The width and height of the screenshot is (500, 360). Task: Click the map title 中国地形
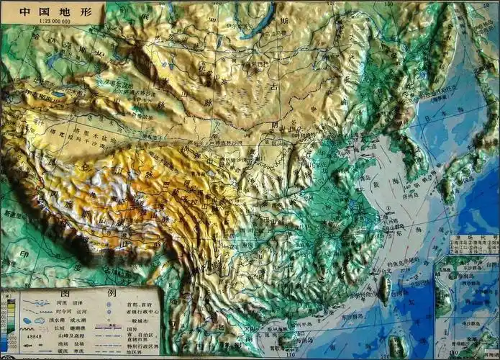(x=45, y=12)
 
